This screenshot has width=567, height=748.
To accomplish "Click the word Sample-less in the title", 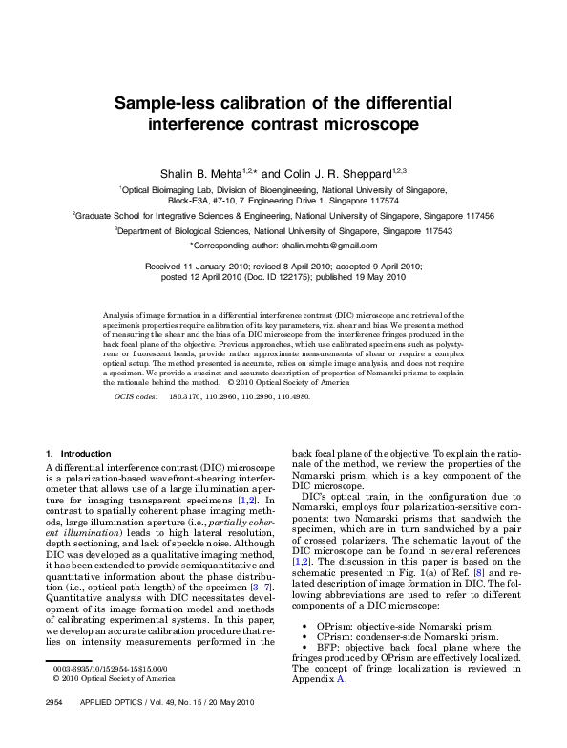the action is (x=166, y=103).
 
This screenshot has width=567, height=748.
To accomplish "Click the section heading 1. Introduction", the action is (x=78, y=452).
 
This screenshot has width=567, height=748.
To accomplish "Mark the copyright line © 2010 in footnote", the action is (x=89, y=705).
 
